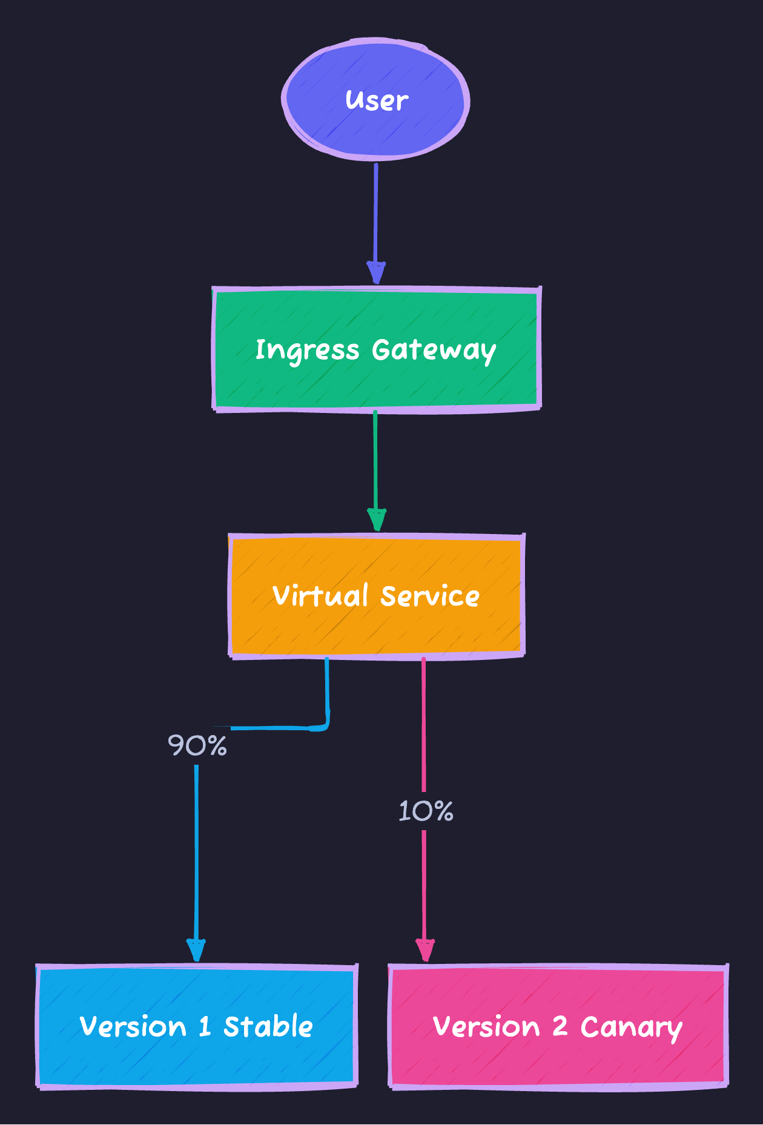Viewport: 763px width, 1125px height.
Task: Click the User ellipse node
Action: click(375, 100)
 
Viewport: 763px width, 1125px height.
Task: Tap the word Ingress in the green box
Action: click(307, 351)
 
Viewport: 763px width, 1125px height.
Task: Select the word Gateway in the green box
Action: click(434, 351)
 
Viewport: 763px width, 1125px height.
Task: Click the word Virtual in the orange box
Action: click(320, 596)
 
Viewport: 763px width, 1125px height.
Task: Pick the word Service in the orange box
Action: click(430, 596)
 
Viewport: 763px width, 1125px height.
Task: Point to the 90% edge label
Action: click(197, 745)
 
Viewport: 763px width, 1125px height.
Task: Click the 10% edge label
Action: click(426, 811)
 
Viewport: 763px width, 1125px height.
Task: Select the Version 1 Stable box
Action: click(197, 1026)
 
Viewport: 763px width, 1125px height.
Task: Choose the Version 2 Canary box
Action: click(558, 1026)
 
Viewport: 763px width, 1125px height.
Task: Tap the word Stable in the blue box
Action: click(268, 1026)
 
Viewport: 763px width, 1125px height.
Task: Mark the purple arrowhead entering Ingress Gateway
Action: click(376, 273)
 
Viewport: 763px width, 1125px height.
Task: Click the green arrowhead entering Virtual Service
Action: click(376, 520)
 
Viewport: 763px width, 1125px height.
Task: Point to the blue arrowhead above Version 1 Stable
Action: click(196, 950)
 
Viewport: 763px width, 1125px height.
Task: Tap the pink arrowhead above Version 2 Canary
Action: click(424, 950)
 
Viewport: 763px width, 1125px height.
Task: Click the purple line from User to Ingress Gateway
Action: click(375, 212)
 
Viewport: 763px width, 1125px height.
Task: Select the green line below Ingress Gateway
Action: click(375, 460)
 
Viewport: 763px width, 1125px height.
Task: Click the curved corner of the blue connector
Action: click(325, 725)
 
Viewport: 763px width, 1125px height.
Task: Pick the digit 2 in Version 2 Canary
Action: click(560, 1026)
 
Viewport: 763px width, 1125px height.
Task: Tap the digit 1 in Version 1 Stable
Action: click(205, 1026)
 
